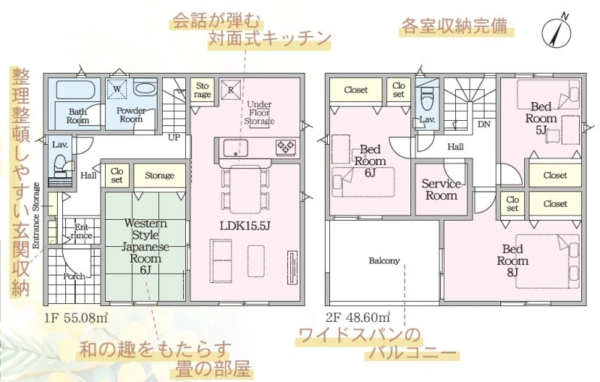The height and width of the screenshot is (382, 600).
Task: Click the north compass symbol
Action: [556, 32]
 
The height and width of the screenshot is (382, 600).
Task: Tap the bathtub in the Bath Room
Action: [75, 90]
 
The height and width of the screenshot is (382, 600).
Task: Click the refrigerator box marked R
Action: [231, 90]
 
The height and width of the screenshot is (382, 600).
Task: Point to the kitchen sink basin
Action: [235, 148]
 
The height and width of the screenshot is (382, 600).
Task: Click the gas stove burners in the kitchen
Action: [286, 147]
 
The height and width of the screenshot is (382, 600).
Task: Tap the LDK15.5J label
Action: [245, 226]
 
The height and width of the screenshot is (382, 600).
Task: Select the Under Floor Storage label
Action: [259, 113]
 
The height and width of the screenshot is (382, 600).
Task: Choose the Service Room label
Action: [441, 190]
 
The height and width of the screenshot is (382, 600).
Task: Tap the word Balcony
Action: [384, 261]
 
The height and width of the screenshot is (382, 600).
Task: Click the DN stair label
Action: [484, 125]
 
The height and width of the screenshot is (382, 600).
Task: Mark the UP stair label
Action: [174, 137]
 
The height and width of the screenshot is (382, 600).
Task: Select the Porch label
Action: [73, 276]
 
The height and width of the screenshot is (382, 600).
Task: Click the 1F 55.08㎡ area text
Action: [76, 318]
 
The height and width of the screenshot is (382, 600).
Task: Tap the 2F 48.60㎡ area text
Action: [358, 317]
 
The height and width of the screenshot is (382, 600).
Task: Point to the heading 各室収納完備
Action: [454, 26]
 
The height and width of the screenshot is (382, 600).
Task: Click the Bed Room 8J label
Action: [512, 261]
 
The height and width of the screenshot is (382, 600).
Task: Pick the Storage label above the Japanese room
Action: [160, 176]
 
